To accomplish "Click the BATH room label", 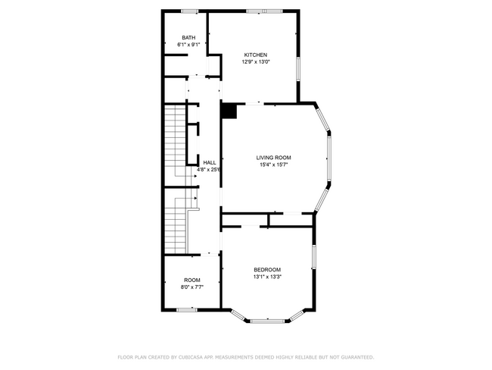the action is (x=188, y=38).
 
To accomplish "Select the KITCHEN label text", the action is (x=256, y=55).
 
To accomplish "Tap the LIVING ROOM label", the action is (x=273, y=158).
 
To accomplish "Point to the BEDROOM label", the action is (x=267, y=270).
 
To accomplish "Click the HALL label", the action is (x=210, y=163).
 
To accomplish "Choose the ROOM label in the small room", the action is (x=192, y=280).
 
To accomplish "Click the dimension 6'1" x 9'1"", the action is (x=188, y=45).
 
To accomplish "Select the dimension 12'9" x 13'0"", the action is (x=256, y=62).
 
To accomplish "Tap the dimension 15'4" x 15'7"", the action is (x=273, y=165).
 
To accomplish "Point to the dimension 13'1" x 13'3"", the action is (x=267, y=277).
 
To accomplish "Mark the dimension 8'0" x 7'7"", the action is (x=192, y=287).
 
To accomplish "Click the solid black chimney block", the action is (x=229, y=111).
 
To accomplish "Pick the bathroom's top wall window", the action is (x=189, y=11).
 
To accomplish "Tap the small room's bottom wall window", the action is (x=187, y=310).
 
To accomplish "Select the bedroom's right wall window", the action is (x=314, y=257).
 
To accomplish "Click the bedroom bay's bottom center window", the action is (x=268, y=321).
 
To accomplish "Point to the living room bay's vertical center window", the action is (x=329, y=158).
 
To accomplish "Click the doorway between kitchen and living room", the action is (x=254, y=103).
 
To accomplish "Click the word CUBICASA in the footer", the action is (x=191, y=357).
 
